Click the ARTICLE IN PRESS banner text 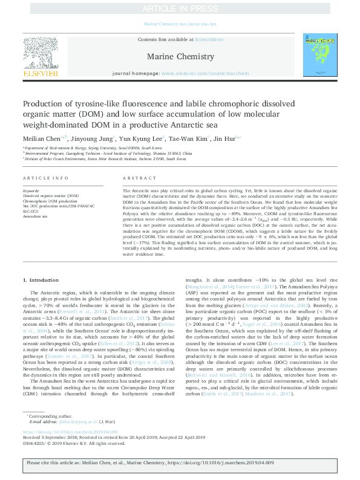tap(180, 8)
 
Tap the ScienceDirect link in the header tap(208, 39)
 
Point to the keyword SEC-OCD tap(31, 212)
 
